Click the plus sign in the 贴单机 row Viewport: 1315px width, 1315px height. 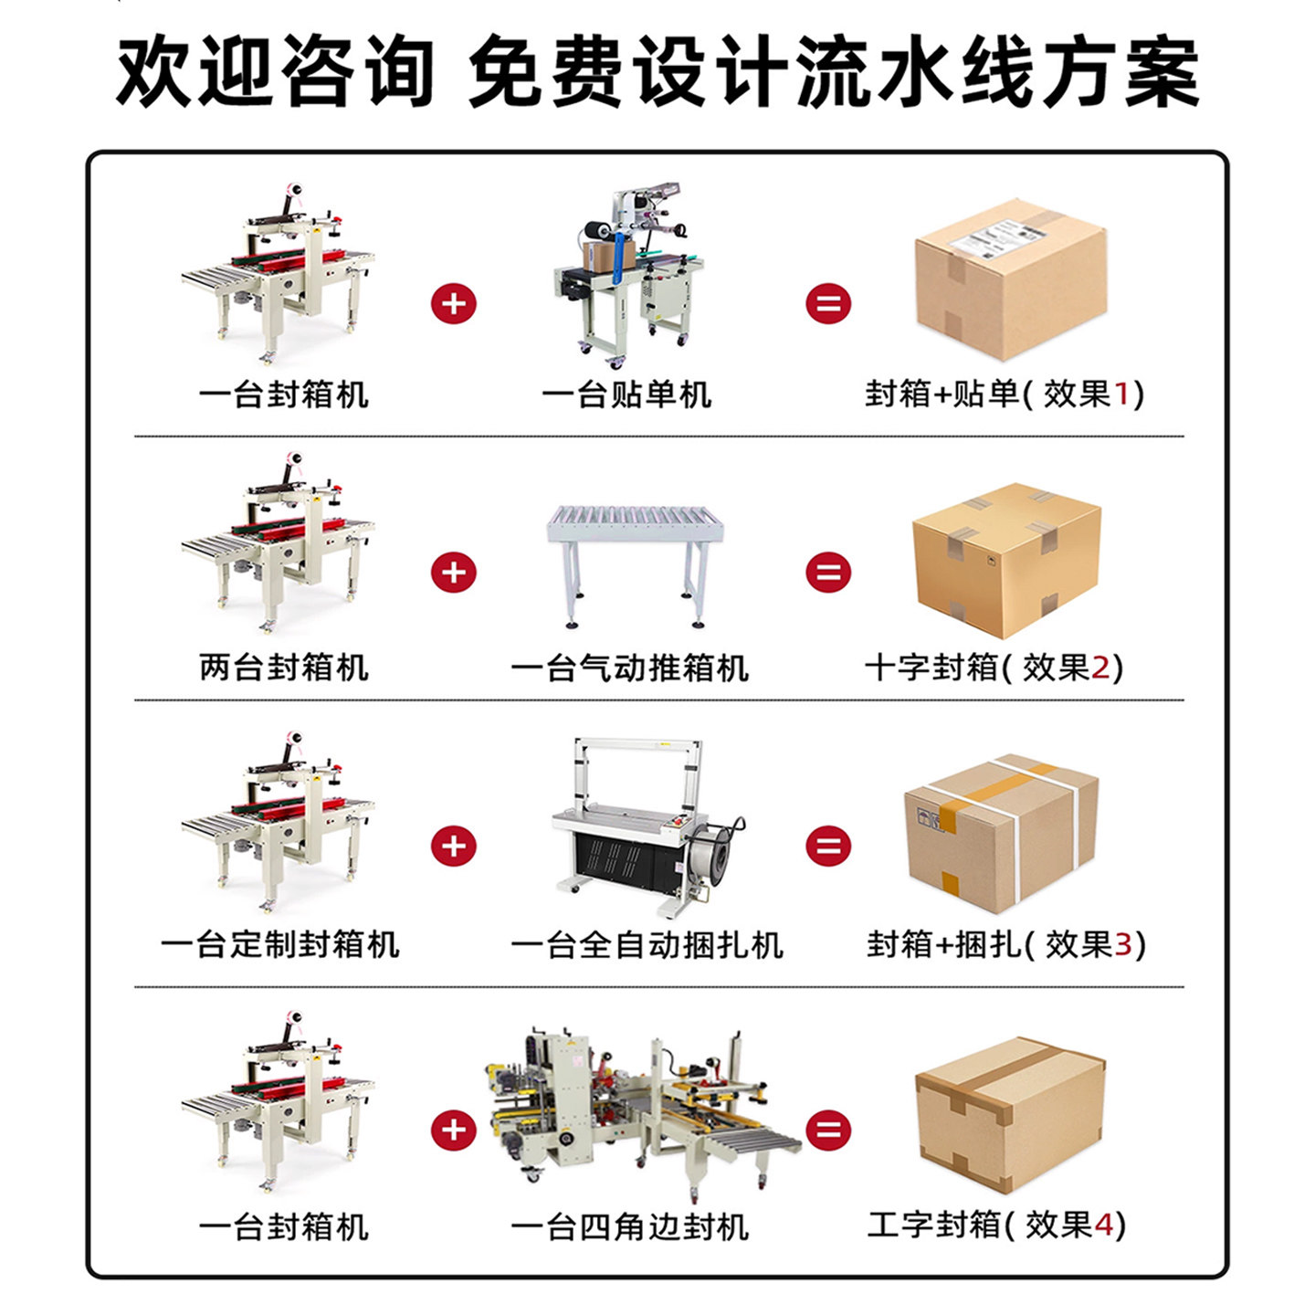454,304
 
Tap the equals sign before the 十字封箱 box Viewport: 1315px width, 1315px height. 828,573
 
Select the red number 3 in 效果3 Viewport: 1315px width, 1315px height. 1123,944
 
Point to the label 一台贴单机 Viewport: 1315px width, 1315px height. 626,394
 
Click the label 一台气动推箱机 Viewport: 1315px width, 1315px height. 629,668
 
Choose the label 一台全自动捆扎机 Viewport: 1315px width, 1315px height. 647,944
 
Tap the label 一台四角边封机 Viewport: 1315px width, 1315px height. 629,1226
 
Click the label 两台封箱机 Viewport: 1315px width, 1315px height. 284,668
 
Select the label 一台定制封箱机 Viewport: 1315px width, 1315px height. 280,944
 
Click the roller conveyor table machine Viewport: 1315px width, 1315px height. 636,562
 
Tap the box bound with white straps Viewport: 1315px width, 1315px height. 1001,833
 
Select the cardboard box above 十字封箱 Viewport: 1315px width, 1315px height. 1006,559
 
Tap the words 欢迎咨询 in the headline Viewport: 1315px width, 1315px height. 275,71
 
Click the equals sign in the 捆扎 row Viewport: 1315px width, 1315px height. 828,847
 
